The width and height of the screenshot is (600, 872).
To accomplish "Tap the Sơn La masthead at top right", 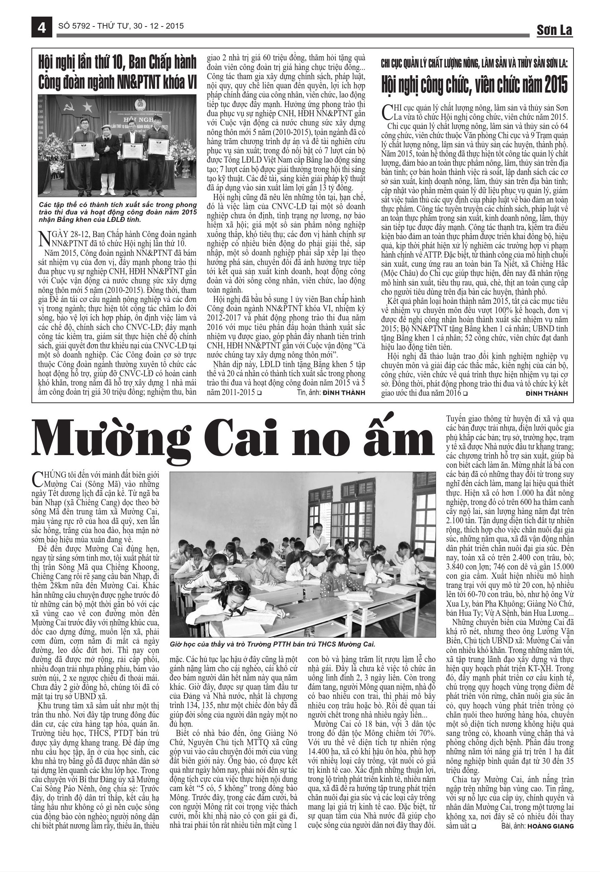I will point(554,30).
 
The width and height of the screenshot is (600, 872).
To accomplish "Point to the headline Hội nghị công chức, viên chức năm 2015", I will point(475,84).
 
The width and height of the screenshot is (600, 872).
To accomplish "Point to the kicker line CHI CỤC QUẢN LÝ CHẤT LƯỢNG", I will point(475,64).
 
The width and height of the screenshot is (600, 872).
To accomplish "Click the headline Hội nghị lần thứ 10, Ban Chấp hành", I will point(117,73).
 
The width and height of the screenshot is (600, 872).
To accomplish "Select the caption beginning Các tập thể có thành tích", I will point(117,212).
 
